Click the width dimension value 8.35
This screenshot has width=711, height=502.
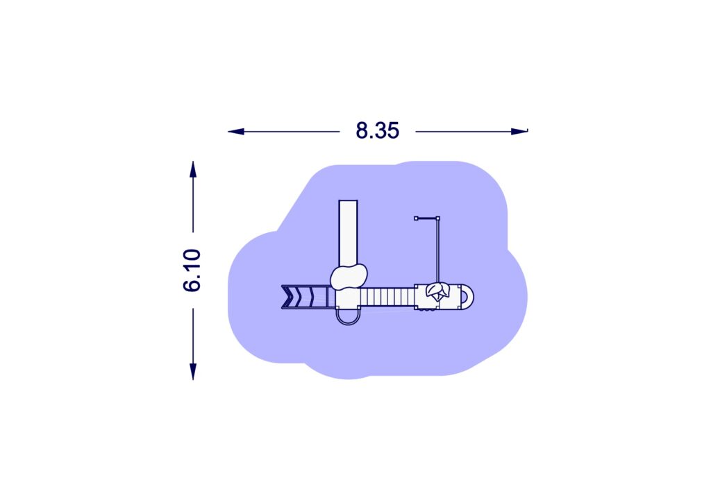coord(377,130)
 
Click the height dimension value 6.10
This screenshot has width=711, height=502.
coord(192,270)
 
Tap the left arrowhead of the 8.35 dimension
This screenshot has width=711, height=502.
coord(236,132)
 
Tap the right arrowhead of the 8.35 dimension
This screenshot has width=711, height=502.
coord(519,132)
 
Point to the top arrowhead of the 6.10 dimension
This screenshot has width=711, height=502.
coord(193,169)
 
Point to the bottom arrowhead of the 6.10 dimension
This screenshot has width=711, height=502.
coord(193,372)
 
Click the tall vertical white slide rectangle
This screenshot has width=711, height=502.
coord(349,233)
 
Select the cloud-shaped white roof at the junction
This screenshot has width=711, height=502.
coord(349,277)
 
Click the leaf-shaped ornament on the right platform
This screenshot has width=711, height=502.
coord(437,291)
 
